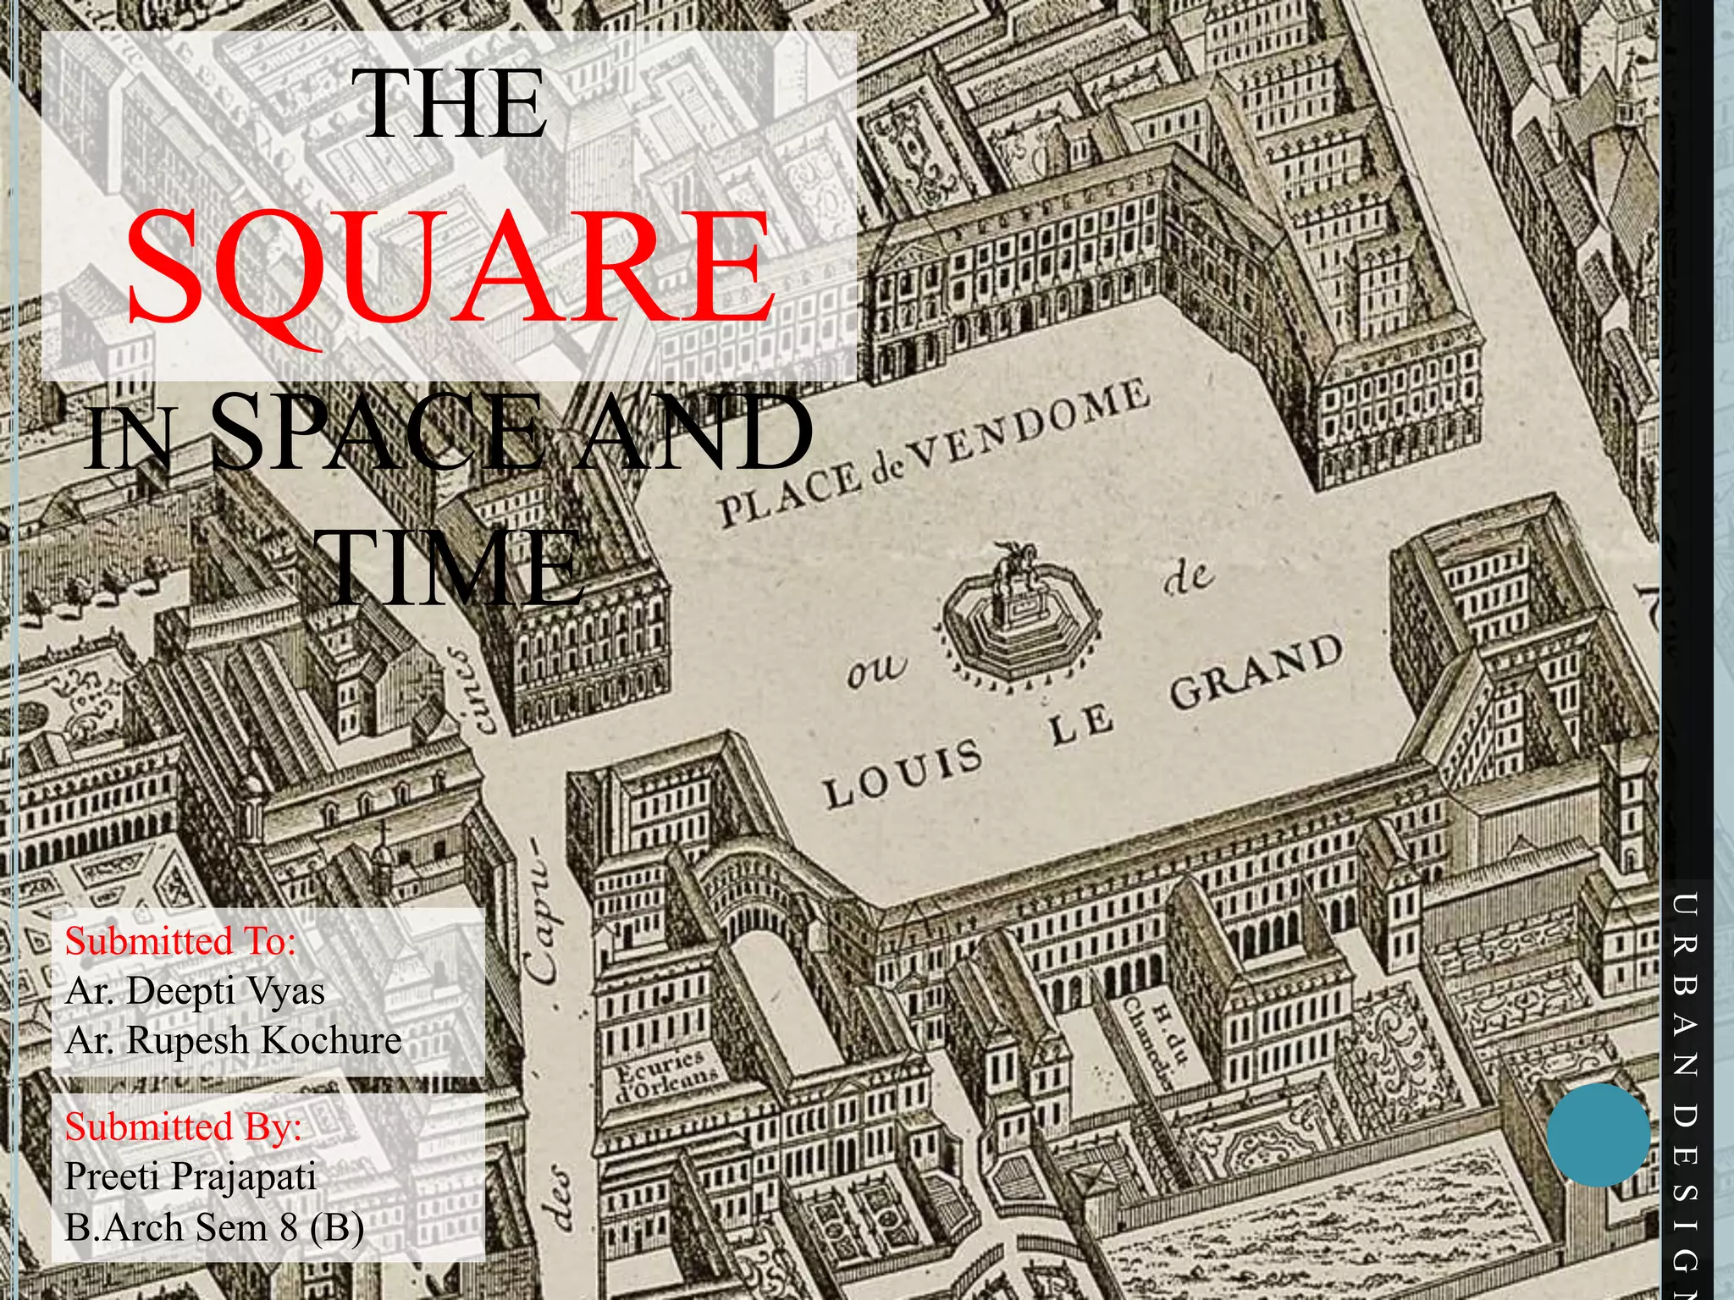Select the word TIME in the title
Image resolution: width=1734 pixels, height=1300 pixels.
[453, 566]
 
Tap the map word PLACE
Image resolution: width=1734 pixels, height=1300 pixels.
[788, 495]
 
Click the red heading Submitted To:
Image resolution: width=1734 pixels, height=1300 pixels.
[180, 941]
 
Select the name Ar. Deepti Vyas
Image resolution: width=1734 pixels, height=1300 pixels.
[195, 990]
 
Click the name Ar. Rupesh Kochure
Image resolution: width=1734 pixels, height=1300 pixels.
[233, 1040]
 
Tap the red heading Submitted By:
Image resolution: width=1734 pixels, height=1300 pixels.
[183, 1126]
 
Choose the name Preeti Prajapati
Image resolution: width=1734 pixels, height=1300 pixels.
[191, 1176]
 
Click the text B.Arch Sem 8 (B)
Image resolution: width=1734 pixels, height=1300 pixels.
[214, 1226]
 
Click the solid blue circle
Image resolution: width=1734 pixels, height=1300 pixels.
[1598, 1134]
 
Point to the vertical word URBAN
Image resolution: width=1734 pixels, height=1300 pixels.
[1685, 982]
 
